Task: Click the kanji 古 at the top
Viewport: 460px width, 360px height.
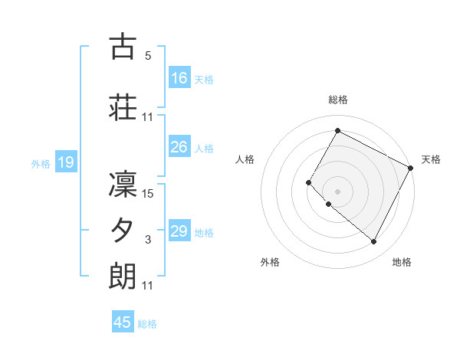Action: click(123, 47)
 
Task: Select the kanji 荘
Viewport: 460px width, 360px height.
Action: click(123, 107)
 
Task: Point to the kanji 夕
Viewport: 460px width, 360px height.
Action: click(123, 230)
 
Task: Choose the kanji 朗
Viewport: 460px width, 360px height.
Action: click(123, 276)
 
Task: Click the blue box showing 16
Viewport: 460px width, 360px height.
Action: click(179, 78)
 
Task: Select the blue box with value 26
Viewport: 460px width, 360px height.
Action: click(179, 147)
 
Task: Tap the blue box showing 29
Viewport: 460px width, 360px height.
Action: click(179, 231)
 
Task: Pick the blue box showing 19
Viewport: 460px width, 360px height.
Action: click(65, 162)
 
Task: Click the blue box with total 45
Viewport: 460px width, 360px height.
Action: click(123, 322)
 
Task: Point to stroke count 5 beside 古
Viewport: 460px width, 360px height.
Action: click(148, 56)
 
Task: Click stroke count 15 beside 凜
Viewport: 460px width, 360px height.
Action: click(149, 193)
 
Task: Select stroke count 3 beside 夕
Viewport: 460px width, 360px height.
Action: click(148, 240)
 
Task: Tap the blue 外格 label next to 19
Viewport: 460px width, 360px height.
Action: click(41, 163)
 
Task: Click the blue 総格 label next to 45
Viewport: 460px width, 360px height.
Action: click(147, 323)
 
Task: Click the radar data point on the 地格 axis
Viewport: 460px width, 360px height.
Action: click(374, 242)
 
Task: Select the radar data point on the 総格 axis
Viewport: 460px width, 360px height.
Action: click(337, 131)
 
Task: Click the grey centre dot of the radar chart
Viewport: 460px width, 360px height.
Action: click(337, 191)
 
